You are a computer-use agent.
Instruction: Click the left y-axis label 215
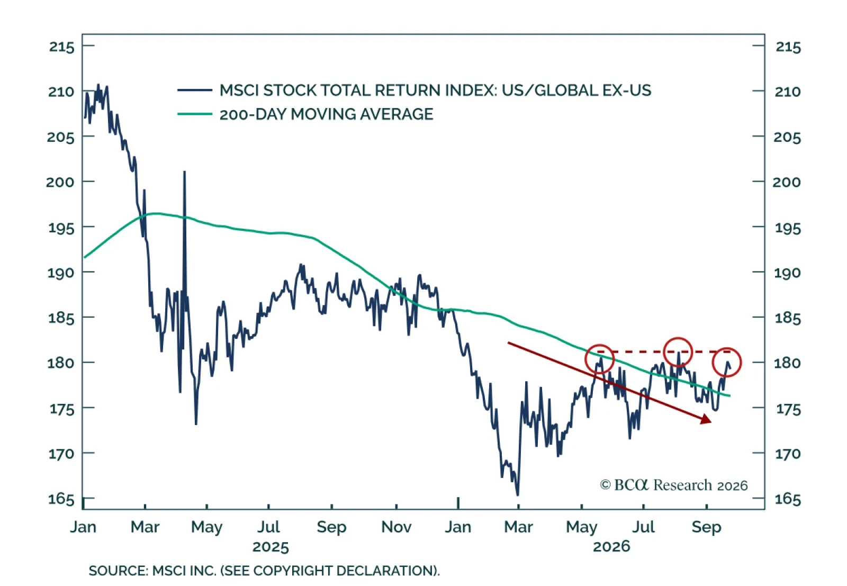(x=61, y=47)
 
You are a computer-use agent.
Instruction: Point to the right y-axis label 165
(x=788, y=499)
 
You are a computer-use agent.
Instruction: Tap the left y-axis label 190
(x=61, y=273)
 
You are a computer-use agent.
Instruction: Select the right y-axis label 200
(x=787, y=182)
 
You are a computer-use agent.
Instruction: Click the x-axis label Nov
(x=397, y=527)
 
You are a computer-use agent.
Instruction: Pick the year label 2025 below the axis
(x=271, y=547)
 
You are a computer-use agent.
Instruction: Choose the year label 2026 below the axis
(x=611, y=546)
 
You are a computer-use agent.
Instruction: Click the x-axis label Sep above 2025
(x=331, y=527)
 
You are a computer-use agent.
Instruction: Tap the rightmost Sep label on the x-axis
(x=706, y=527)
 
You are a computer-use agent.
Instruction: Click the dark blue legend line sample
(x=195, y=90)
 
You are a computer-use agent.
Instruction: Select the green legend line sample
(x=195, y=114)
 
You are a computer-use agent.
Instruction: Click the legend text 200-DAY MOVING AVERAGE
(x=326, y=114)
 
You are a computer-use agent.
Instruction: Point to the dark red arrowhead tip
(x=711, y=422)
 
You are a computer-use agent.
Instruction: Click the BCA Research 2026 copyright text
(x=673, y=485)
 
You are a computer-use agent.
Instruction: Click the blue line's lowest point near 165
(x=517, y=495)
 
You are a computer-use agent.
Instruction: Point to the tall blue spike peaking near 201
(x=185, y=172)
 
